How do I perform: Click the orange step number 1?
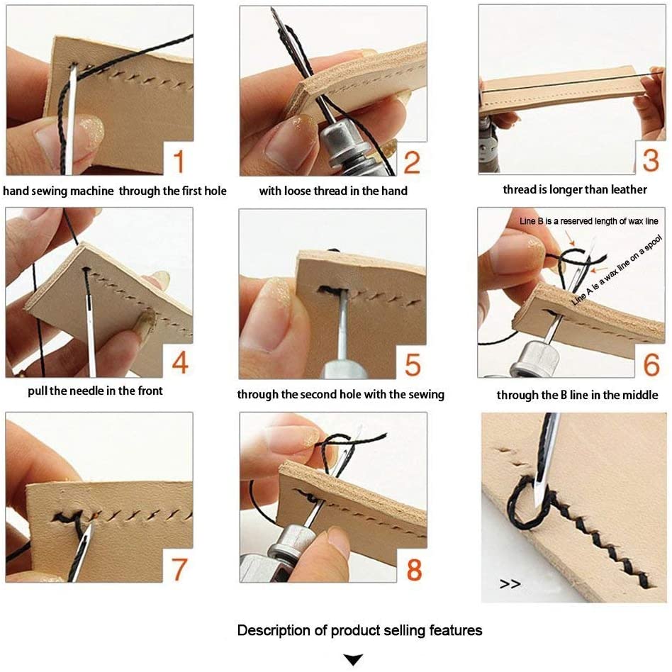[179, 160]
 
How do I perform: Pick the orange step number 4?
[179, 363]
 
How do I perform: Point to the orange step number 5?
[413, 364]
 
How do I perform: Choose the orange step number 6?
[651, 364]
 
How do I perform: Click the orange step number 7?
[179, 568]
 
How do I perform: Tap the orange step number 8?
[413, 569]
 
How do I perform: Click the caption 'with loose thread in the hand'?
[333, 191]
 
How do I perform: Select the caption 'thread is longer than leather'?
[574, 189]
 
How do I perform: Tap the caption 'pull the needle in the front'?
[95, 391]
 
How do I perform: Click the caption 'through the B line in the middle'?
[577, 395]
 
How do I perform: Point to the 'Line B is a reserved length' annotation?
[589, 221]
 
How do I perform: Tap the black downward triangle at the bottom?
[352, 660]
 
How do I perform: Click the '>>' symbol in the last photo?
[510, 584]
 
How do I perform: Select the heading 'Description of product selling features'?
[359, 630]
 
